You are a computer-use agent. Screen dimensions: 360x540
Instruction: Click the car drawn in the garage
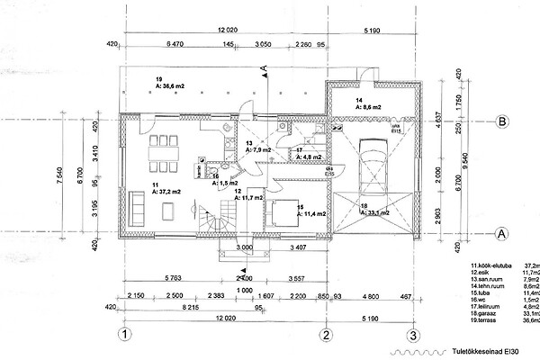(373, 166)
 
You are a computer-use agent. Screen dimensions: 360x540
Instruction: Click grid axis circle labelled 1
(126, 335)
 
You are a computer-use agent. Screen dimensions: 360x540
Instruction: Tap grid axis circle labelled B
(503, 122)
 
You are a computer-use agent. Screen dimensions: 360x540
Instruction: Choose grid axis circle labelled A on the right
(503, 232)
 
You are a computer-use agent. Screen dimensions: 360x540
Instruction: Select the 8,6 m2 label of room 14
(369, 107)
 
